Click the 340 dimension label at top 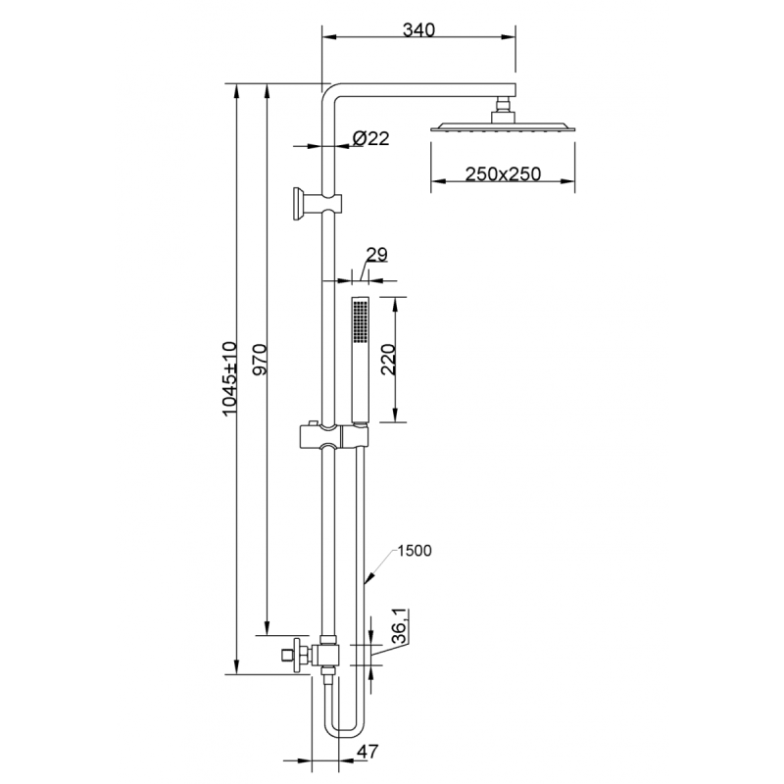[418, 30]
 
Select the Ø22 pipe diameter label [370, 139]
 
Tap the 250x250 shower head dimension [503, 174]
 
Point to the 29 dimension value [376, 255]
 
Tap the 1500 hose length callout [415, 551]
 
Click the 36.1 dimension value [399, 627]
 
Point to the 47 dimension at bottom [367, 752]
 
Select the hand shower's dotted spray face [359, 320]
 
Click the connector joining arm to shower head [505, 106]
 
